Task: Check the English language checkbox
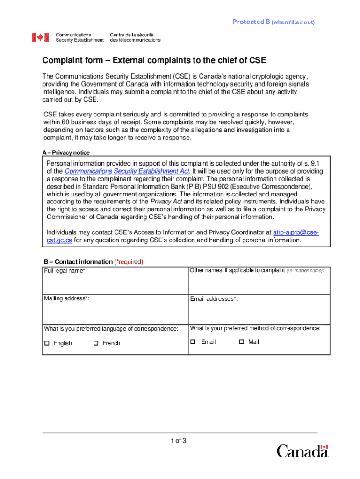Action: [x=47, y=343]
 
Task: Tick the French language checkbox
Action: [x=96, y=343]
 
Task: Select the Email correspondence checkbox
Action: [x=193, y=342]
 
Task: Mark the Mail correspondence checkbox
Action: [x=242, y=342]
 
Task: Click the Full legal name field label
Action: [x=65, y=271]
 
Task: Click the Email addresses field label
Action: [x=214, y=299]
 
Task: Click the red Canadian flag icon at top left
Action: [x=40, y=37]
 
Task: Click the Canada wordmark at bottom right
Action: [x=302, y=451]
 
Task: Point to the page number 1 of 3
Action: [x=179, y=440]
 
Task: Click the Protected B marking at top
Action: [x=274, y=22]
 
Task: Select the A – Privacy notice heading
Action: [x=66, y=153]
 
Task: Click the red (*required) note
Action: [x=129, y=262]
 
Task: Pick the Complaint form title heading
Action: [x=154, y=61]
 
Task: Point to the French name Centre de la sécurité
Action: [x=132, y=35]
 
